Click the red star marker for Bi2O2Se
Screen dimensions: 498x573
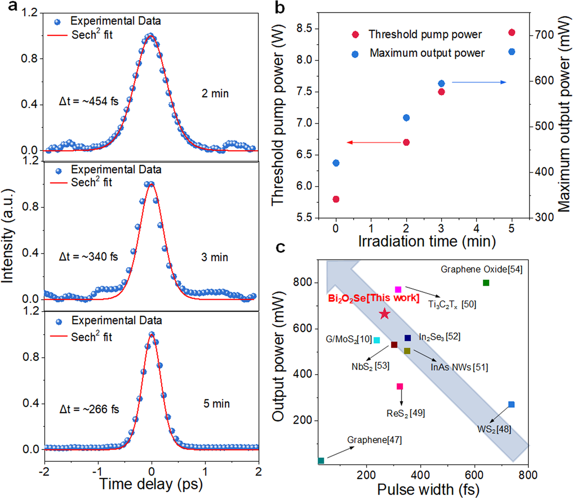pyautogui.click(x=385, y=314)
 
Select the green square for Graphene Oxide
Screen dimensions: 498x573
pyautogui.click(x=486, y=283)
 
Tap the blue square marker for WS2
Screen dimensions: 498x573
pyautogui.click(x=511, y=404)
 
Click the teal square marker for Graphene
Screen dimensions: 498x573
pyautogui.click(x=321, y=460)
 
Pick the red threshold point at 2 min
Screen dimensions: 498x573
pyautogui.click(x=406, y=142)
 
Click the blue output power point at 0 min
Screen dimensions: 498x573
pyautogui.click(x=336, y=163)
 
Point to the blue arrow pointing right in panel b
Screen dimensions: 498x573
pyautogui.click(x=479, y=82)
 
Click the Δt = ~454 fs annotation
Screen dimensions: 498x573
pyautogui.click(x=89, y=101)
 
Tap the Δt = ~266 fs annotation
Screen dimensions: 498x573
pyautogui.click(x=89, y=409)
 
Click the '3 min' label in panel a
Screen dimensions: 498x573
pyautogui.click(x=214, y=257)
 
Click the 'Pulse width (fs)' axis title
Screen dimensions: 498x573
pyautogui.click(x=428, y=489)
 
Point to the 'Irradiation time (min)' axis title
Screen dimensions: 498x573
pyautogui.click(x=427, y=242)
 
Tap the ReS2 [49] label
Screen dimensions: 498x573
pyautogui.click(x=405, y=413)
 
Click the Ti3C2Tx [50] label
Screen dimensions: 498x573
pyautogui.click(x=452, y=304)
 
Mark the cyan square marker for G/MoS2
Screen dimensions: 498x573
pyautogui.click(x=377, y=340)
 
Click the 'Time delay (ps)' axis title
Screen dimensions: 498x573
pyautogui.click(x=151, y=484)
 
